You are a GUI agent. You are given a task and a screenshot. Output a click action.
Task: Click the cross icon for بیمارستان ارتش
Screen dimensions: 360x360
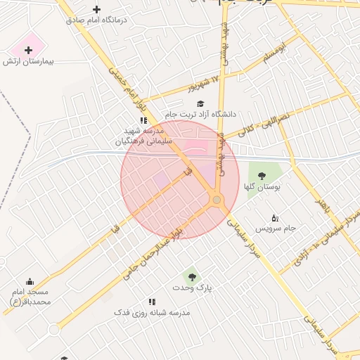pos(28,50)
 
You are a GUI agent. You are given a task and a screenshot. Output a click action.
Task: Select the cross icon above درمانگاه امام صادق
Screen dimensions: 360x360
pos(97,9)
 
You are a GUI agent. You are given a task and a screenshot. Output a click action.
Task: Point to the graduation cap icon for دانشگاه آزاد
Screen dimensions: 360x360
pos(200,103)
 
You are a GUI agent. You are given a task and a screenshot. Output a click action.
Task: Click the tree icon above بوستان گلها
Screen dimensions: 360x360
pos(262,176)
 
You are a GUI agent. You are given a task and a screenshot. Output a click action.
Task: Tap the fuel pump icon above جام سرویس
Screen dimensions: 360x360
pos(275,217)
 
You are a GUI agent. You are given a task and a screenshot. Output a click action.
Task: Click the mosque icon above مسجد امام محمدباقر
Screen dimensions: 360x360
pos(30,281)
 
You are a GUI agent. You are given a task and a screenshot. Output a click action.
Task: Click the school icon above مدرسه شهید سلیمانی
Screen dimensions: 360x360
pos(143,120)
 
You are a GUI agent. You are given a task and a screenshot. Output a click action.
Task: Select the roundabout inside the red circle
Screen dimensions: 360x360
pos(217,200)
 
